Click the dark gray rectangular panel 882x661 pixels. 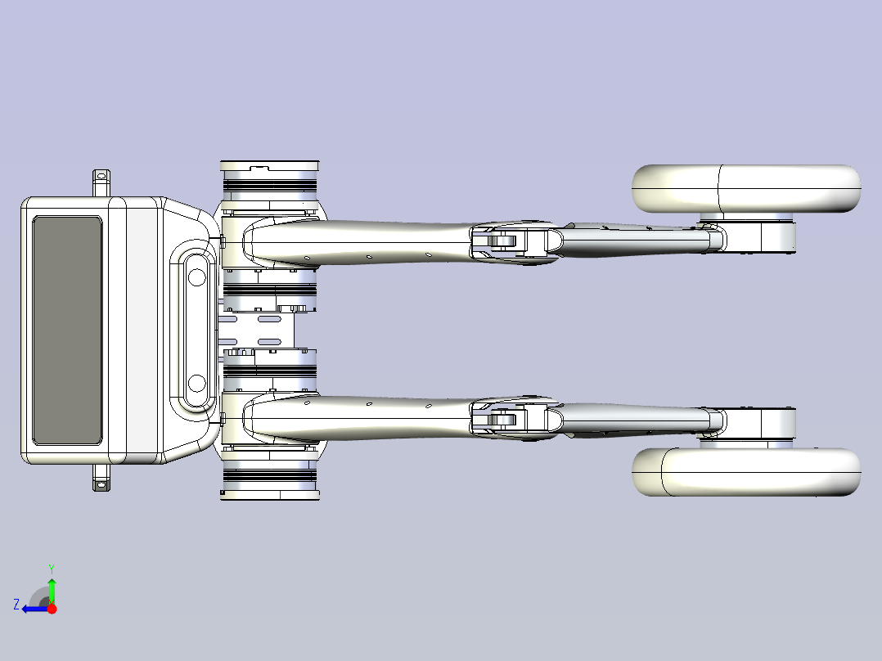point(67,330)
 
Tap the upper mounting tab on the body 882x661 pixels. point(101,182)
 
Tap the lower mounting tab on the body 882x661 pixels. point(101,478)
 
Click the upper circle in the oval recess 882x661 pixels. point(196,277)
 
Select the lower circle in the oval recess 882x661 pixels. point(196,384)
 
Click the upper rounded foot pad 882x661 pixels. point(746,188)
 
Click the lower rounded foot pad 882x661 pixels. point(746,472)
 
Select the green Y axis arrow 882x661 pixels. point(52,591)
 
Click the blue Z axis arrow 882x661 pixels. point(36,609)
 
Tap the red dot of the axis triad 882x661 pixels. point(52,609)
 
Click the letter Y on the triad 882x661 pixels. point(52,569)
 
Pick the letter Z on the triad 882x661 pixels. point(16,605)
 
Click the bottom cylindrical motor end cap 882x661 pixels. point(270,495)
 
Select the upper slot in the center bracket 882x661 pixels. point(269,319)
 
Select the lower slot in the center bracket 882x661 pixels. point(269,341)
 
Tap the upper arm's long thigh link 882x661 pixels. point(360,242)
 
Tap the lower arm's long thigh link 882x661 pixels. point(360,418)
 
